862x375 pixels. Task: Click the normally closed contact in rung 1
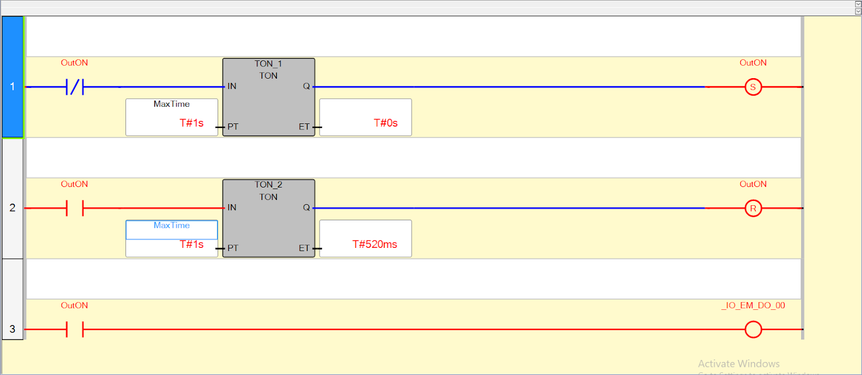click(75, 87)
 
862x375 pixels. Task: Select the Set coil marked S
click(753, 87)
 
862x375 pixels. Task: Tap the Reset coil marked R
click(753, 208)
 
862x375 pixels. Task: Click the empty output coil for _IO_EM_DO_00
click(753, 329)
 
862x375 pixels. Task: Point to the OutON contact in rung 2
click(75, 208)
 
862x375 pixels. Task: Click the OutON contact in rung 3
click(75, 329)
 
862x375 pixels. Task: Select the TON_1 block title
click(268, 64)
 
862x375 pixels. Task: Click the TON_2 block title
click(268, 185)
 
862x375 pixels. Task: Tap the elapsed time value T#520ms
click(374, 244)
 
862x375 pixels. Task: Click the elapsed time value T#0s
click(386, 123)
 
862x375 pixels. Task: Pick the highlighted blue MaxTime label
click(171, 226)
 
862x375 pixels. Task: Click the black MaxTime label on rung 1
click(171, 104)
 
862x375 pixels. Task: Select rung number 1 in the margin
click(12, 86)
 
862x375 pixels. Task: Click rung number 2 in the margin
click(12, 207)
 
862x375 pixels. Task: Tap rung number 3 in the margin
click(12, 329)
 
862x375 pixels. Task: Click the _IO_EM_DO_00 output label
click(753, 305)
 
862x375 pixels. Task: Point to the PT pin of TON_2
click(233, 248)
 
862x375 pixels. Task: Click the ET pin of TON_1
click(304, 127)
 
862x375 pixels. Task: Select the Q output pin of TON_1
click(306, 86)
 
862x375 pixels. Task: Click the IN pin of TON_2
click(232, 207)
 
